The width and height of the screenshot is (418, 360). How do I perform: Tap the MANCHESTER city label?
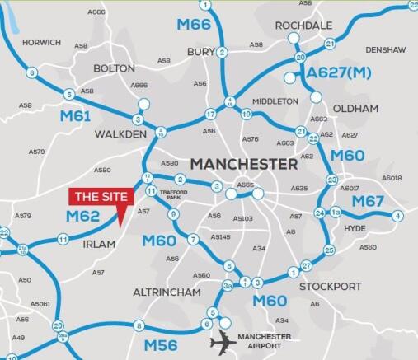[x=244, y=164]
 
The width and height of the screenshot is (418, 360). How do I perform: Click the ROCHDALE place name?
[x=303, y=26]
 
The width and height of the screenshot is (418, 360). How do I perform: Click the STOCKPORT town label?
[x=330, y=287]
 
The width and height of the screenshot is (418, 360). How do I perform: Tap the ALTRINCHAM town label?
[x=167, y=292]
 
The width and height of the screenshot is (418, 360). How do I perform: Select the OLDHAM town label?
[x=357, y=108]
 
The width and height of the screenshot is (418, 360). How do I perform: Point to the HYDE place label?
[x=355, y=228]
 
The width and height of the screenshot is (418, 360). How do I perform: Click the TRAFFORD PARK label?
[x=173, y=194]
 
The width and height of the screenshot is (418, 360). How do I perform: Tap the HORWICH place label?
[x=41, y=42]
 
